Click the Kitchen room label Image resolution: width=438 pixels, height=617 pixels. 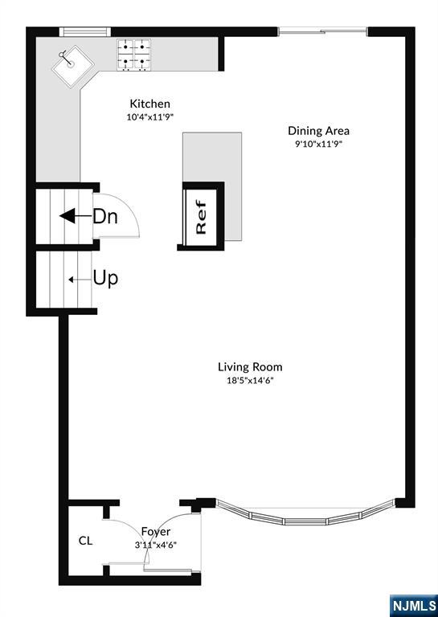click(x=150, y=104)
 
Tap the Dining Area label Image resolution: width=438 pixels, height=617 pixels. click(x=318, y=131)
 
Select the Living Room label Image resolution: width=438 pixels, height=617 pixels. click(x=250, y=367)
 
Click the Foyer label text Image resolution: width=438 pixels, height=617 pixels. click(x=156, y=532)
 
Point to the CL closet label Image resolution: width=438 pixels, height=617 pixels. click(x=85, y=541)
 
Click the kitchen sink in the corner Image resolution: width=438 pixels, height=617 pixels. click(x=73, y=65)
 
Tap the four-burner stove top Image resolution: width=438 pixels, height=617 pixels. click(x=133, y=55)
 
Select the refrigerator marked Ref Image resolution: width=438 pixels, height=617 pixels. click(x=201, y=217)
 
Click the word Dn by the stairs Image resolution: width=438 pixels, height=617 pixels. click(x=105, y=216)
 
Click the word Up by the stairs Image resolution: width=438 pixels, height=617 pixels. click(x=105, y=280)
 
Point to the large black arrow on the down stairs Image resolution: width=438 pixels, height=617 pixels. click(x=76, y=216)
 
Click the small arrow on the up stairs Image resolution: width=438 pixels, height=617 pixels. click(x=79, y=280)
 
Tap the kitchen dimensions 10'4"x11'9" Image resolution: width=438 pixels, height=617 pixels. click(x=150, y=117)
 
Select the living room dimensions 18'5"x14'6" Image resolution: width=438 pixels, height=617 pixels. click(x=250, y=381)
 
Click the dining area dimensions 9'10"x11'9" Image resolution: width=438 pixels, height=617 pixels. click(x=318, y=144)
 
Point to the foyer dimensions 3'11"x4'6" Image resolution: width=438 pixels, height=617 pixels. click(x=156, y=545)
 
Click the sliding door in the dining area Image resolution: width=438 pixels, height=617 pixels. click(x=323, y=31)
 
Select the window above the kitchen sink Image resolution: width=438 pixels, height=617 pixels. click(x=85, y=31)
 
